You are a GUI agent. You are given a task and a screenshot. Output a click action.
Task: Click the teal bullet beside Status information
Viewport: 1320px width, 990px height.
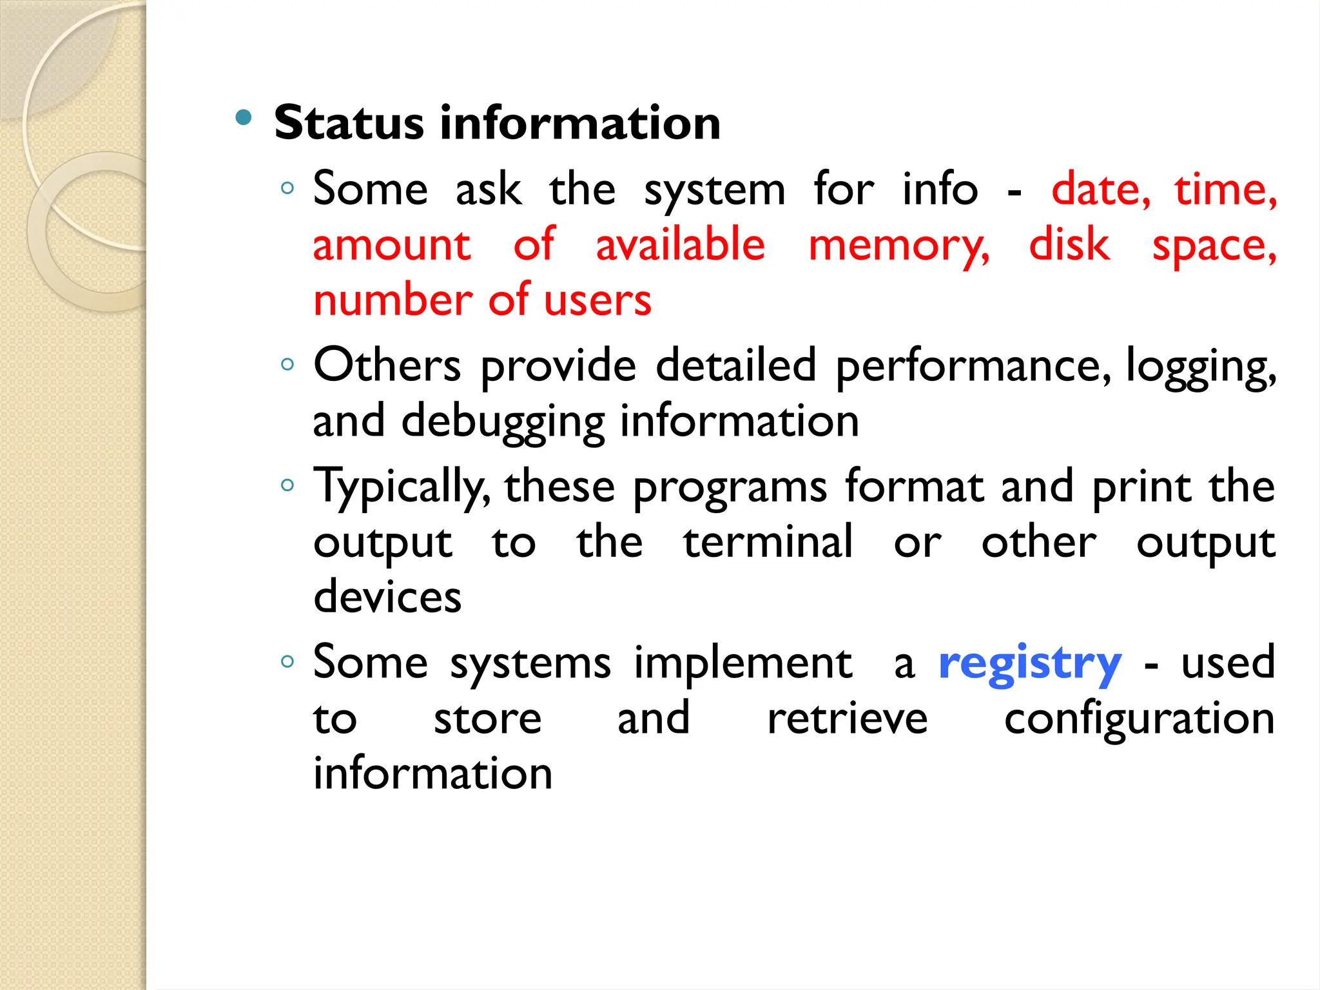[244, 117]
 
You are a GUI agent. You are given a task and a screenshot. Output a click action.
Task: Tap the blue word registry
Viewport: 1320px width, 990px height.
[1029, 664]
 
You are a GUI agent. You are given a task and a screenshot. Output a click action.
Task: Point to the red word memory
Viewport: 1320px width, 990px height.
[898, 246]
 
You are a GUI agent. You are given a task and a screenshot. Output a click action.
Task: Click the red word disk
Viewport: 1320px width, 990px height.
[1069, 245]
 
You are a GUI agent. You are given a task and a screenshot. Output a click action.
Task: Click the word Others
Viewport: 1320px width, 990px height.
[387, 365]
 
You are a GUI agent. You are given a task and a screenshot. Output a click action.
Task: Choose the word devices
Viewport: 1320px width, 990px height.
[387, 596]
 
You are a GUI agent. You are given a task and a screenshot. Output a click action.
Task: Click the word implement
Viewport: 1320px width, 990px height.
[743, 664]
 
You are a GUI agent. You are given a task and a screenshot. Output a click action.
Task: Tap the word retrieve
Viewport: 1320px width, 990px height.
[847, 719]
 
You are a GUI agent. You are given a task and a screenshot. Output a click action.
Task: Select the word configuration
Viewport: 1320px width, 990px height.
[1139, 720]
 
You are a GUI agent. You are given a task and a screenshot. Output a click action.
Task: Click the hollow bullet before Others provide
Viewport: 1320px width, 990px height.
[287, 365]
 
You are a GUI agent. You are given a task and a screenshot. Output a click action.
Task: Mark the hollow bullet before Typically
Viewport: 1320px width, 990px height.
[287, 485]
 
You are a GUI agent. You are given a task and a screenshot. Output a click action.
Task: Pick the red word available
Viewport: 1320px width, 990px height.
[680, 245]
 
